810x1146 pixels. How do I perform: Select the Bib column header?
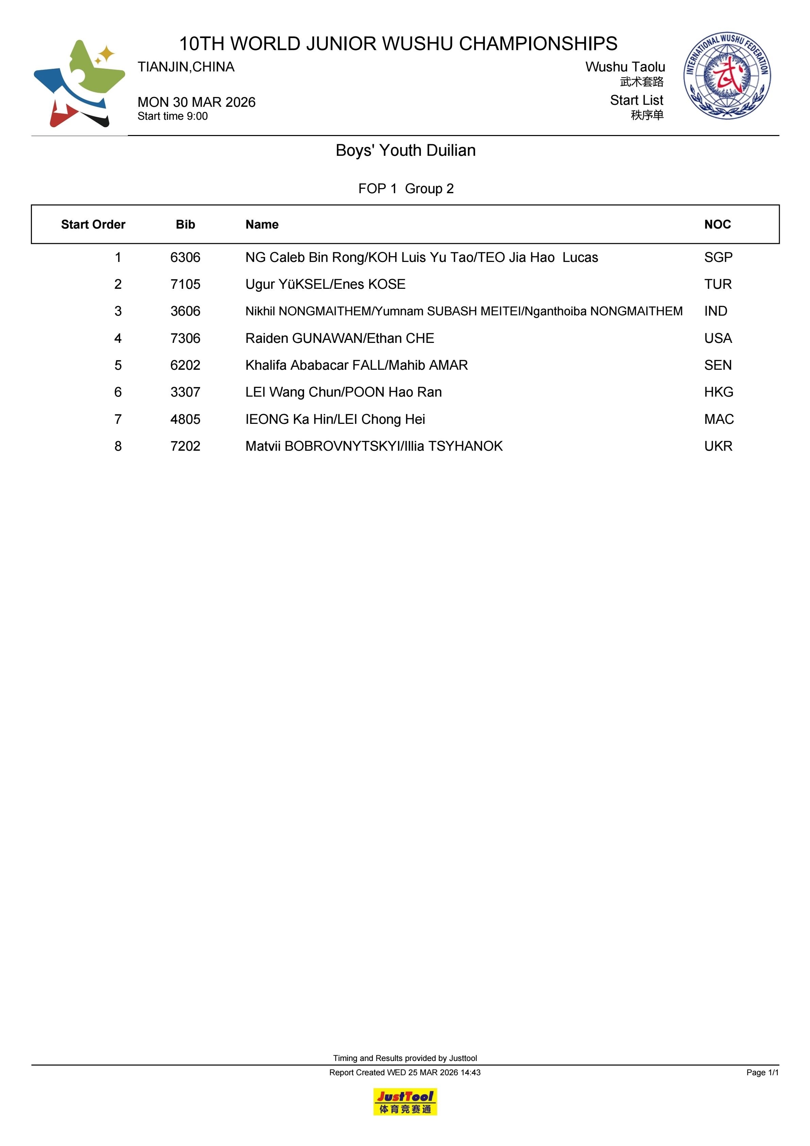[185, 225]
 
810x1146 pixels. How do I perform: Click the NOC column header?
[717, 225]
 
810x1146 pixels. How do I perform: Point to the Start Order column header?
[93, 225]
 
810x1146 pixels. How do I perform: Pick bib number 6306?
[185, 258]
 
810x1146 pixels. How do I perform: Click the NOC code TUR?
[718, 284]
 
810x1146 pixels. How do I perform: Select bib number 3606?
[185, 312]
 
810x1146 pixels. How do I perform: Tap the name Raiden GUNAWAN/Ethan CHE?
[339, 338]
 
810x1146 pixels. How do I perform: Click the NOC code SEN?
[718, 365]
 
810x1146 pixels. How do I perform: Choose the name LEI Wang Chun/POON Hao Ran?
[343, 392]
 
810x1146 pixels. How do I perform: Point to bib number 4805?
[185, 419]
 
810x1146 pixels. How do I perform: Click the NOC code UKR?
[718, 446]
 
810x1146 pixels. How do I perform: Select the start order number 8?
[118, 446]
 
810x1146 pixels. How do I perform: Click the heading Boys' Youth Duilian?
[405, 150]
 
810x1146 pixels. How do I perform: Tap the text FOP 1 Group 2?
[405, 189]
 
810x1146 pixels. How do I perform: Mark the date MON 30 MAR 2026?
[196, 102]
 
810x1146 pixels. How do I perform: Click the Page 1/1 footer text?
[762, 1072]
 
